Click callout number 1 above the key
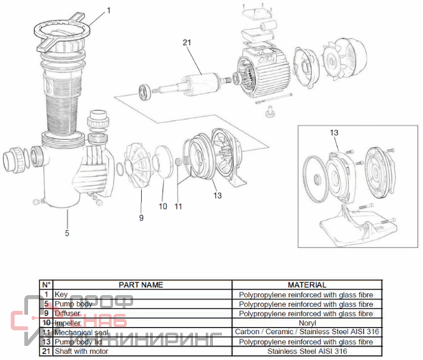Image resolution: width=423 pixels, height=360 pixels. (x=109, y=11)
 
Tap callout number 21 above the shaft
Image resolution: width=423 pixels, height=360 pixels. (x=187, y=43)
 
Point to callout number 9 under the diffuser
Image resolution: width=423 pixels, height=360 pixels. (x=140, y=218)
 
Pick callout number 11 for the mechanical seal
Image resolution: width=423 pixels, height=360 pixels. (x=178, y=206)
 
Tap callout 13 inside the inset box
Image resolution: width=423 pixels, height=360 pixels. (x=334, y=132)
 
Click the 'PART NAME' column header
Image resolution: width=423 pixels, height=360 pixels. (x=141, y=285)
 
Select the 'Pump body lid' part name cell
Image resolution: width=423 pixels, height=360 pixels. (x=78, y=341)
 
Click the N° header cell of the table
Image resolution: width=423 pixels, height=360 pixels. (x=46, y=285)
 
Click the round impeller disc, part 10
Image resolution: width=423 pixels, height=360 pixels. (x=163, y=164)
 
